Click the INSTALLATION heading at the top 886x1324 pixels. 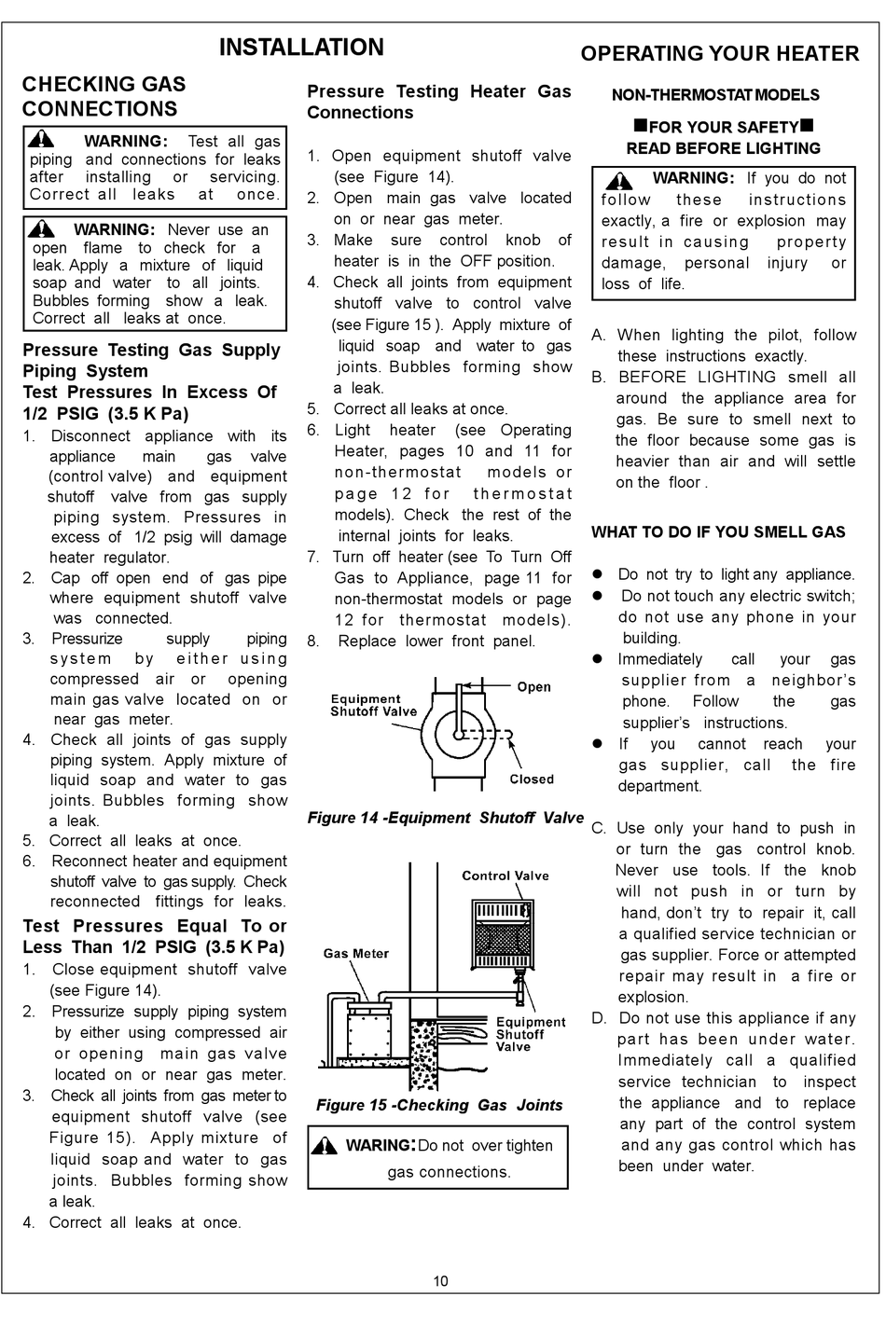click(x=300, y=48)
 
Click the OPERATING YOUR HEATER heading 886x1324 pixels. click(x=719, y=54)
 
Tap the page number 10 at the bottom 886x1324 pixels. click(x=440, y=1280)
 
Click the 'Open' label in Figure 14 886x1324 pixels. click(x=533, y=687)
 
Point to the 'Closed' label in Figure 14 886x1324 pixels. click(x=532, y=779)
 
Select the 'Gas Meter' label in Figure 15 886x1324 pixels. click(x=356, y=953)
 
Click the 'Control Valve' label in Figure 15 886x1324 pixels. click(x=505, y=876)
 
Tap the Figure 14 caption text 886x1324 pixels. click(x=445, y=818)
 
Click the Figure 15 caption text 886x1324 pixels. click(x=439, y=1105)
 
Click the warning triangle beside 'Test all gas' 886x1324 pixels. click(x=41, y=141)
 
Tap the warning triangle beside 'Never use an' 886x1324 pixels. click(x=41, y=229)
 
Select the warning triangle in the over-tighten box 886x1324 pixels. click(x=325, y=1146)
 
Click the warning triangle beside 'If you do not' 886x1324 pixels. click(x=618, y=180)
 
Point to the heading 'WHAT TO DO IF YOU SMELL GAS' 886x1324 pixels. click(x=718, y=532)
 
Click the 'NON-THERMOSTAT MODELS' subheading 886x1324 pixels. click(x=715, y=95)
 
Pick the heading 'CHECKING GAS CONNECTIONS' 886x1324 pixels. click(x=104, y=97)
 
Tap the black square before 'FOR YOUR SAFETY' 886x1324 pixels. click(x=640, y=126)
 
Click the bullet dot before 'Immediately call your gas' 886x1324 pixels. click(x=599, y=659)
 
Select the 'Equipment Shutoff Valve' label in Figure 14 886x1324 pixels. click(x=373, y=705)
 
